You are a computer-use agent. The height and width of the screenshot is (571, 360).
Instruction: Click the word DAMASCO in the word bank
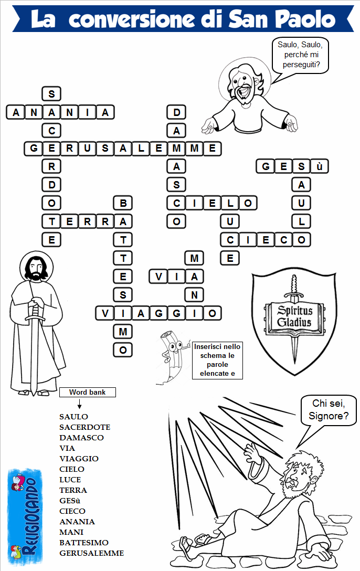point(81,437)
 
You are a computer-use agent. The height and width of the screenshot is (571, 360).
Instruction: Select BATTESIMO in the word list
point(84,543)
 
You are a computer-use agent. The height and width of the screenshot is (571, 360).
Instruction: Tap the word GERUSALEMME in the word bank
point(91,553)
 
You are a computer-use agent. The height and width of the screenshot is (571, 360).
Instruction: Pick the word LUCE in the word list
point(70,480)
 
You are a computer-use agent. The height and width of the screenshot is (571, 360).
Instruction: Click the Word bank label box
point(87,392)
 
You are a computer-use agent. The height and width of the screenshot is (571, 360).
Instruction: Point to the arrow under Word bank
point(79,404)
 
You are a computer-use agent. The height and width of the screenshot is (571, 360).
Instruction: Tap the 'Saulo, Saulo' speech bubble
point(300,55)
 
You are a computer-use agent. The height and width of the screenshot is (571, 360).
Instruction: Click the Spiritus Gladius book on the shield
point(294,317)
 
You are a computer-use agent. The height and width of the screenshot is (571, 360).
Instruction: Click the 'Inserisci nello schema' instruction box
point(217,360)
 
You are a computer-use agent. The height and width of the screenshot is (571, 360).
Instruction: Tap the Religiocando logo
point(25,517)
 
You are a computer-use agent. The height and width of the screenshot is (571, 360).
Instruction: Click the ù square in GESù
point(319,166)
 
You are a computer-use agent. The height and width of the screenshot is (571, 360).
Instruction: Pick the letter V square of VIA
point(158,277)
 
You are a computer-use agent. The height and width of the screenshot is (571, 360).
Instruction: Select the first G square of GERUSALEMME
point(34,149)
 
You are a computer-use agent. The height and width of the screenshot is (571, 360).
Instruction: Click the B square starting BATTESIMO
point(123,203)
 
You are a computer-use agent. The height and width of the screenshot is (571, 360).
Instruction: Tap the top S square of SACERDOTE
point(51,94)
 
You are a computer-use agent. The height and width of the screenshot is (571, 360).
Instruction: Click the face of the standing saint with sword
point(36,269)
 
